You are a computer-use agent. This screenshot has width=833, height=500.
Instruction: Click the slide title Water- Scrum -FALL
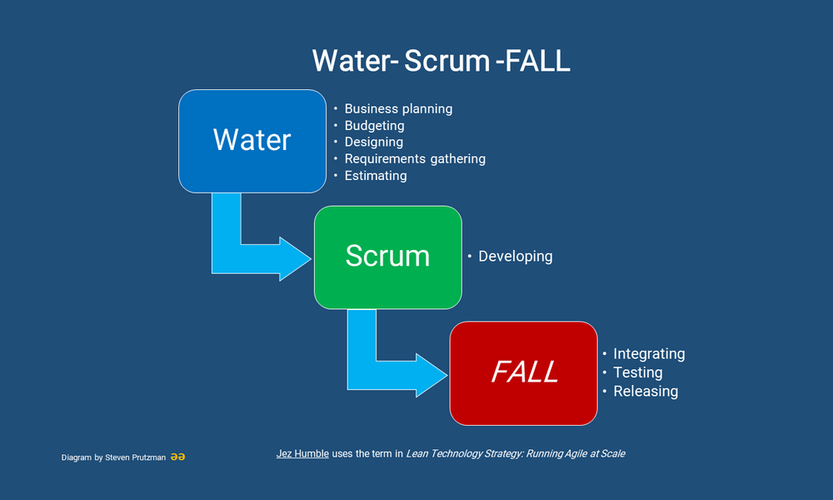click(x=441, y=61)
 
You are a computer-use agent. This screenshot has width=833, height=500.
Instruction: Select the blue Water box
click(x=252, y=140)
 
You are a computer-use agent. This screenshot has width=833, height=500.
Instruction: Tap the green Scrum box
click(x=387, y=256)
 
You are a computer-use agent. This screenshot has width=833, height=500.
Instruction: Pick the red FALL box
click(x=524, y=372)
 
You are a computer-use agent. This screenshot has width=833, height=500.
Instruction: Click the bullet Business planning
click(x=398, y=108)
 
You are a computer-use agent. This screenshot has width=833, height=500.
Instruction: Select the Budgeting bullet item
click(x=374, y=126)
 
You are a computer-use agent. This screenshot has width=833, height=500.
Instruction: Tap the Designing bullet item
click(x=374, y=142)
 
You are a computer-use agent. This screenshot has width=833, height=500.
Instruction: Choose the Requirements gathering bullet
click(x=414, y=158)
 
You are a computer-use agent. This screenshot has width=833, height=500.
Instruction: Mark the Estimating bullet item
click(x=376, y=176)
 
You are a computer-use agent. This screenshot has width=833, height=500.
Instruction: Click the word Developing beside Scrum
click(x=515, y=257)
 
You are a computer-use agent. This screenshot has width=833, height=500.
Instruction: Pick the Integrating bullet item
click(x=649, y=354)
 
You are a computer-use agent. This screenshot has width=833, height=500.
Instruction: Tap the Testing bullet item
click(x=637, y=372)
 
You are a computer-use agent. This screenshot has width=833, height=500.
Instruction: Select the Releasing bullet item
click(x=646, y=392)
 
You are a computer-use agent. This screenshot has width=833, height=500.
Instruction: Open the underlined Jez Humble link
click(x=302, y=454)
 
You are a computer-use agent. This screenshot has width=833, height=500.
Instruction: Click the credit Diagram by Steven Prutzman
click(x=112, y=457)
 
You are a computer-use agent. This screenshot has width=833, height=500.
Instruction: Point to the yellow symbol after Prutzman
click(x=177, y=457)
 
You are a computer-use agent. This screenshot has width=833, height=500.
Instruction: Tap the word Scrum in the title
click(x=446, y=61)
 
